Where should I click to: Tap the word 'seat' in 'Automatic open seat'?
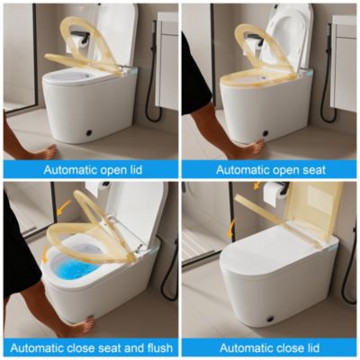(x=310, y=168)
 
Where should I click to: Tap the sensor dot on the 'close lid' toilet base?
(x=273, y=319)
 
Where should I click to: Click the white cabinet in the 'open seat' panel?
(x=342, y=63)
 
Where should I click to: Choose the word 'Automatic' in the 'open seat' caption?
(x=241, y=168)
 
